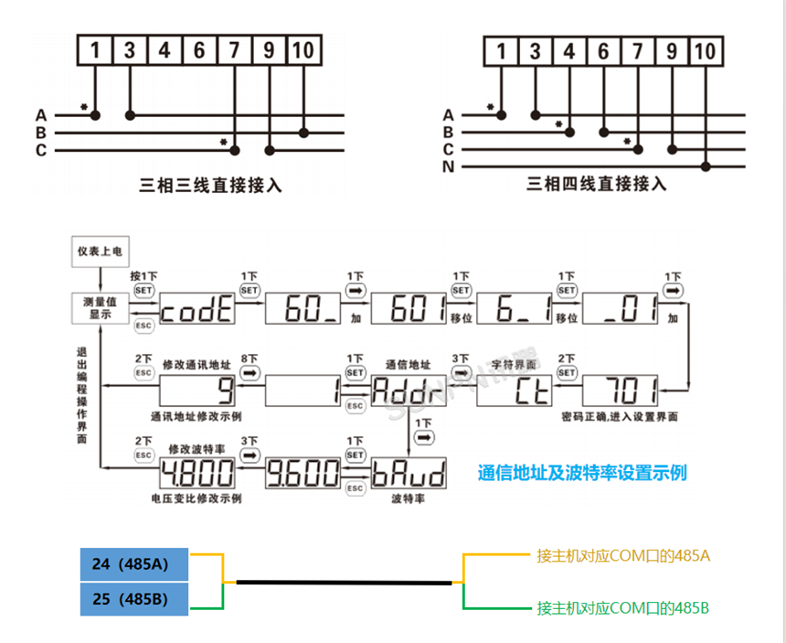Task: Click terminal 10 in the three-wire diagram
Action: pos(303,49)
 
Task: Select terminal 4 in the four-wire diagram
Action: pos(569,52)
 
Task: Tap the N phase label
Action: pos(448,166)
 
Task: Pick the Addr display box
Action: pos(408,393)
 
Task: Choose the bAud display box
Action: pos(408,475)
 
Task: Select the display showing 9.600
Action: pos(303,475)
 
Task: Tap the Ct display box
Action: pos(514,393)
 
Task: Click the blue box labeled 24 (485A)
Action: pos(134,564)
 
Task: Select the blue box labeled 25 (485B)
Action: pos(134,599)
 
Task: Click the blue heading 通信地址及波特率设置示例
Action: pos(582,473)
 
